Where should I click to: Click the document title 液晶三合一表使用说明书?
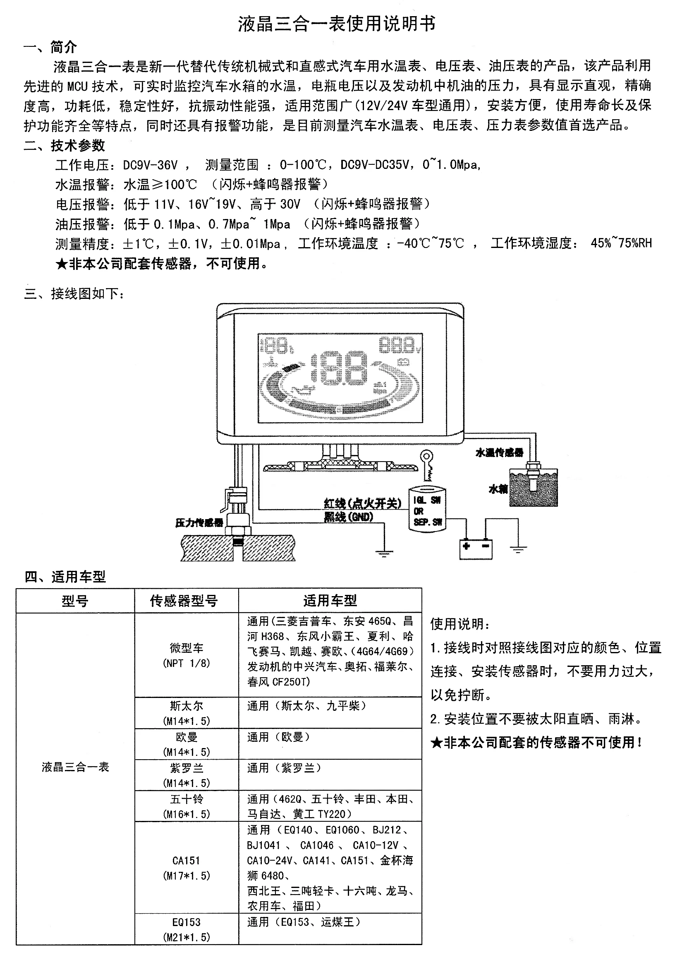coord(337,24)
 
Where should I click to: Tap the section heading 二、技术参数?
coord(64,146)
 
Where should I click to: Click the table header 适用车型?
coord(330,601)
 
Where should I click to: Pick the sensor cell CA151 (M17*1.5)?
coord(186,868)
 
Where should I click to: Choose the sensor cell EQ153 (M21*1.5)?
coord(186,929)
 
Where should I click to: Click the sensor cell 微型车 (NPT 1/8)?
coord(186,655)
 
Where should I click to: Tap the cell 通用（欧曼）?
coord(279,737)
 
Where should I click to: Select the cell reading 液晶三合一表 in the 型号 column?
coord(75,767)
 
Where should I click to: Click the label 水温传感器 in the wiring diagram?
coord(500,452)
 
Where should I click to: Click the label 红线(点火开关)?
coord(362,503)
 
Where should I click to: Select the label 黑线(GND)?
coord(349,517)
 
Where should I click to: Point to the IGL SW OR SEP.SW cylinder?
coord(427,510)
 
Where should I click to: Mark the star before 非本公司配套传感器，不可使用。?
coord(62,264)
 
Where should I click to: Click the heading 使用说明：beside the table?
coord(460,623)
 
